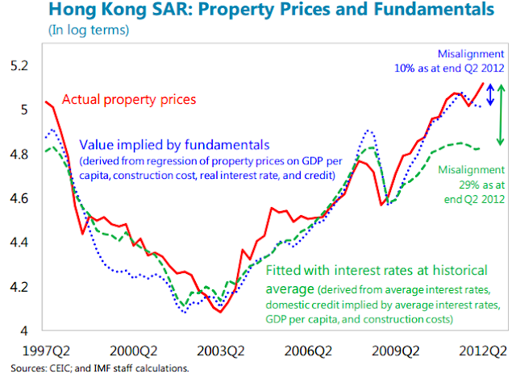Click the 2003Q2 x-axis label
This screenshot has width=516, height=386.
click(x=221, y=351)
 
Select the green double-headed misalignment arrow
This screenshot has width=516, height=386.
click(x=501, y=114)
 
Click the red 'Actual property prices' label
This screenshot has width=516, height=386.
click(x=130, y=100)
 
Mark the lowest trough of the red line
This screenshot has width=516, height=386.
click(x=220, y=312)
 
